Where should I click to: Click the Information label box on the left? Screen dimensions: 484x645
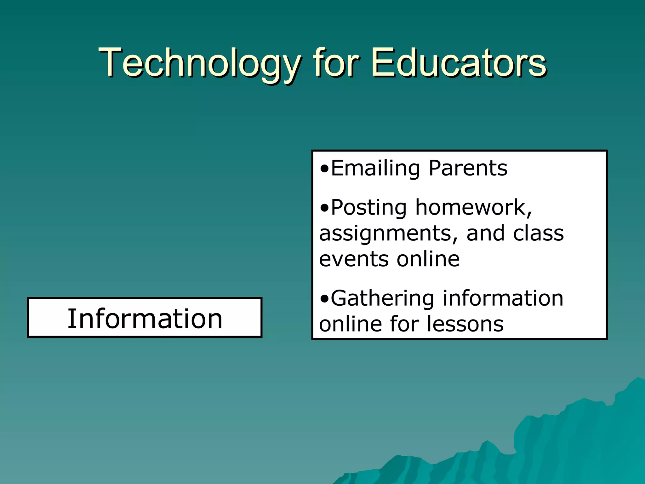(145, 318)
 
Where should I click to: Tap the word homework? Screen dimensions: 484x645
(473, 208)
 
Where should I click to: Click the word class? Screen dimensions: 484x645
(539, 234)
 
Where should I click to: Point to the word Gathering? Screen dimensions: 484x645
(382, 298)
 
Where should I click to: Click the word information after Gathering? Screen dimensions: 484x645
(503, 298)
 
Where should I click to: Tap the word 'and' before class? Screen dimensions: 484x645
(485, 234)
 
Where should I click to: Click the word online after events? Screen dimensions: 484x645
(428, 259)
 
